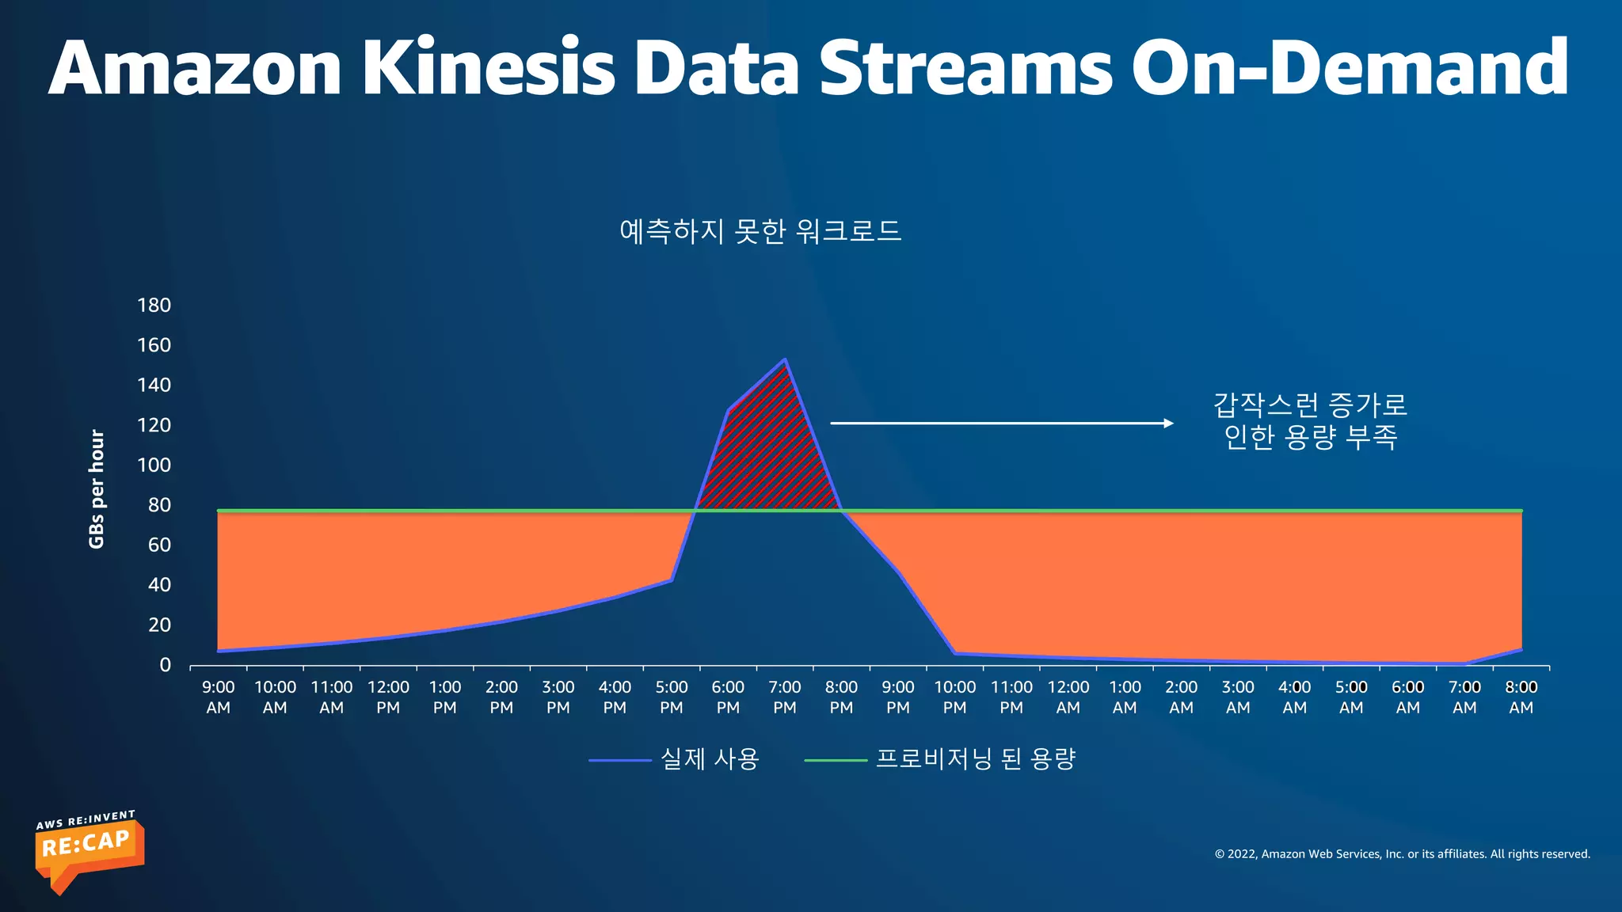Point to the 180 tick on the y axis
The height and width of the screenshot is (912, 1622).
pyautogui.click(x=154, y=306)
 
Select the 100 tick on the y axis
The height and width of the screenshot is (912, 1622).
pyautogui.click(x=154, y=465)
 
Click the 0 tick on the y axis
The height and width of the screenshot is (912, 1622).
pyautogui.click(x=165, y=665)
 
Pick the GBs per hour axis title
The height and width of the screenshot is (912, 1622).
pyautogui.click(x=97, y=488)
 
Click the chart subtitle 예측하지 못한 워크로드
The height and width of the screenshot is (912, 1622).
pyautogui.click(x=760, y=231)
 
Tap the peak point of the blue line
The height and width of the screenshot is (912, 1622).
pyautogui.click(x=785, y=359)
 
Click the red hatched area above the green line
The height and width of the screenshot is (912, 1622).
pyautogui.click(x=768, y=459)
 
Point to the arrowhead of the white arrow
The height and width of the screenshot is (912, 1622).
pyautogui.click(x=1169, y=424)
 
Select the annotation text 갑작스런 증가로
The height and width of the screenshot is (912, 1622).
pyautogui.click(x=1310, y=405)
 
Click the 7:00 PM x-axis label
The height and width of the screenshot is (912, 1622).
pyautogui.click(x=785, y=697)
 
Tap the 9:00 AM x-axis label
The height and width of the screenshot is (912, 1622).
pyautogui.click(x=218, y=697)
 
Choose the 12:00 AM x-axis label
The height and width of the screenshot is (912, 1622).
pyautogui.click(x=1068, y=697)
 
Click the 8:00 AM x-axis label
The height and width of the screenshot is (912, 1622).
pyautogui.click(x=1521, y=697)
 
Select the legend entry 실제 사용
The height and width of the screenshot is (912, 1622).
pyautogui.click(x=710, y=759)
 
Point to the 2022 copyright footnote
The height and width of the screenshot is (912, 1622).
pyautogui.click(x=1402, y=854)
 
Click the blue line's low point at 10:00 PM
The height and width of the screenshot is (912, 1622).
pyautogui.click(x=955, y=653)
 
